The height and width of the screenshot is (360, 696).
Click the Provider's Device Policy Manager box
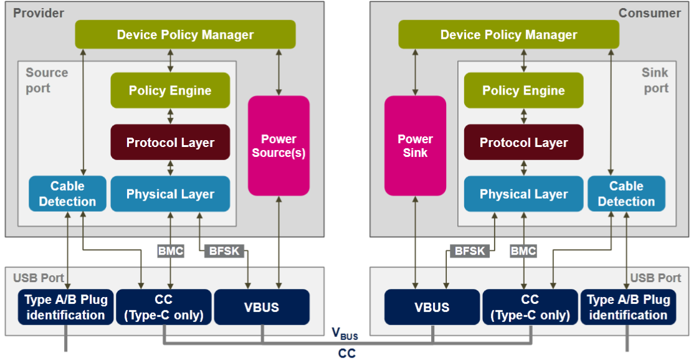(185, 35)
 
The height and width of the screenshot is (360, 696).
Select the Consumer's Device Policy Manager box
(508, 35)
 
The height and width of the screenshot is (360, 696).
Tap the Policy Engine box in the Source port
(170, 91)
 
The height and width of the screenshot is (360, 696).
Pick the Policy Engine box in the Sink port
(523, 91)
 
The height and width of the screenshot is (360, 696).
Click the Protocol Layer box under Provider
(170, 143)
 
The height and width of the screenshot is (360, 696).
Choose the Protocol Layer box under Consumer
(523, 143)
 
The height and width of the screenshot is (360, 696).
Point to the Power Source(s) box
(279, 145)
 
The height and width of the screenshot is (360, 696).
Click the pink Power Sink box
(416, 145)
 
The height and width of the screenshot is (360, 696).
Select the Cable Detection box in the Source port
(67, 194)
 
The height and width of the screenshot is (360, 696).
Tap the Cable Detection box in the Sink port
(626, 194)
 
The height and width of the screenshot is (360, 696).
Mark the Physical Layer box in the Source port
(170, 194)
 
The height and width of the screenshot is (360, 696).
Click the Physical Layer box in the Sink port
(523, 194)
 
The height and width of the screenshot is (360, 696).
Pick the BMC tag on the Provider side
(170, 252)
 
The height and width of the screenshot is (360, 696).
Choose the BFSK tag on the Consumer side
(469, 252)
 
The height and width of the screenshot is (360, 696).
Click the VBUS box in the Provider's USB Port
(262, 307)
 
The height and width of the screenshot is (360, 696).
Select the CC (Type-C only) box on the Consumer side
(530, 307)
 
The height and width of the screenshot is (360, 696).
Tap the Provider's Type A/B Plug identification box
(65, 307)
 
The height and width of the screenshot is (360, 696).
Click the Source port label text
(46, 80)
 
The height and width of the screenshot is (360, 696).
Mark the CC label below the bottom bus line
(346, 353)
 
